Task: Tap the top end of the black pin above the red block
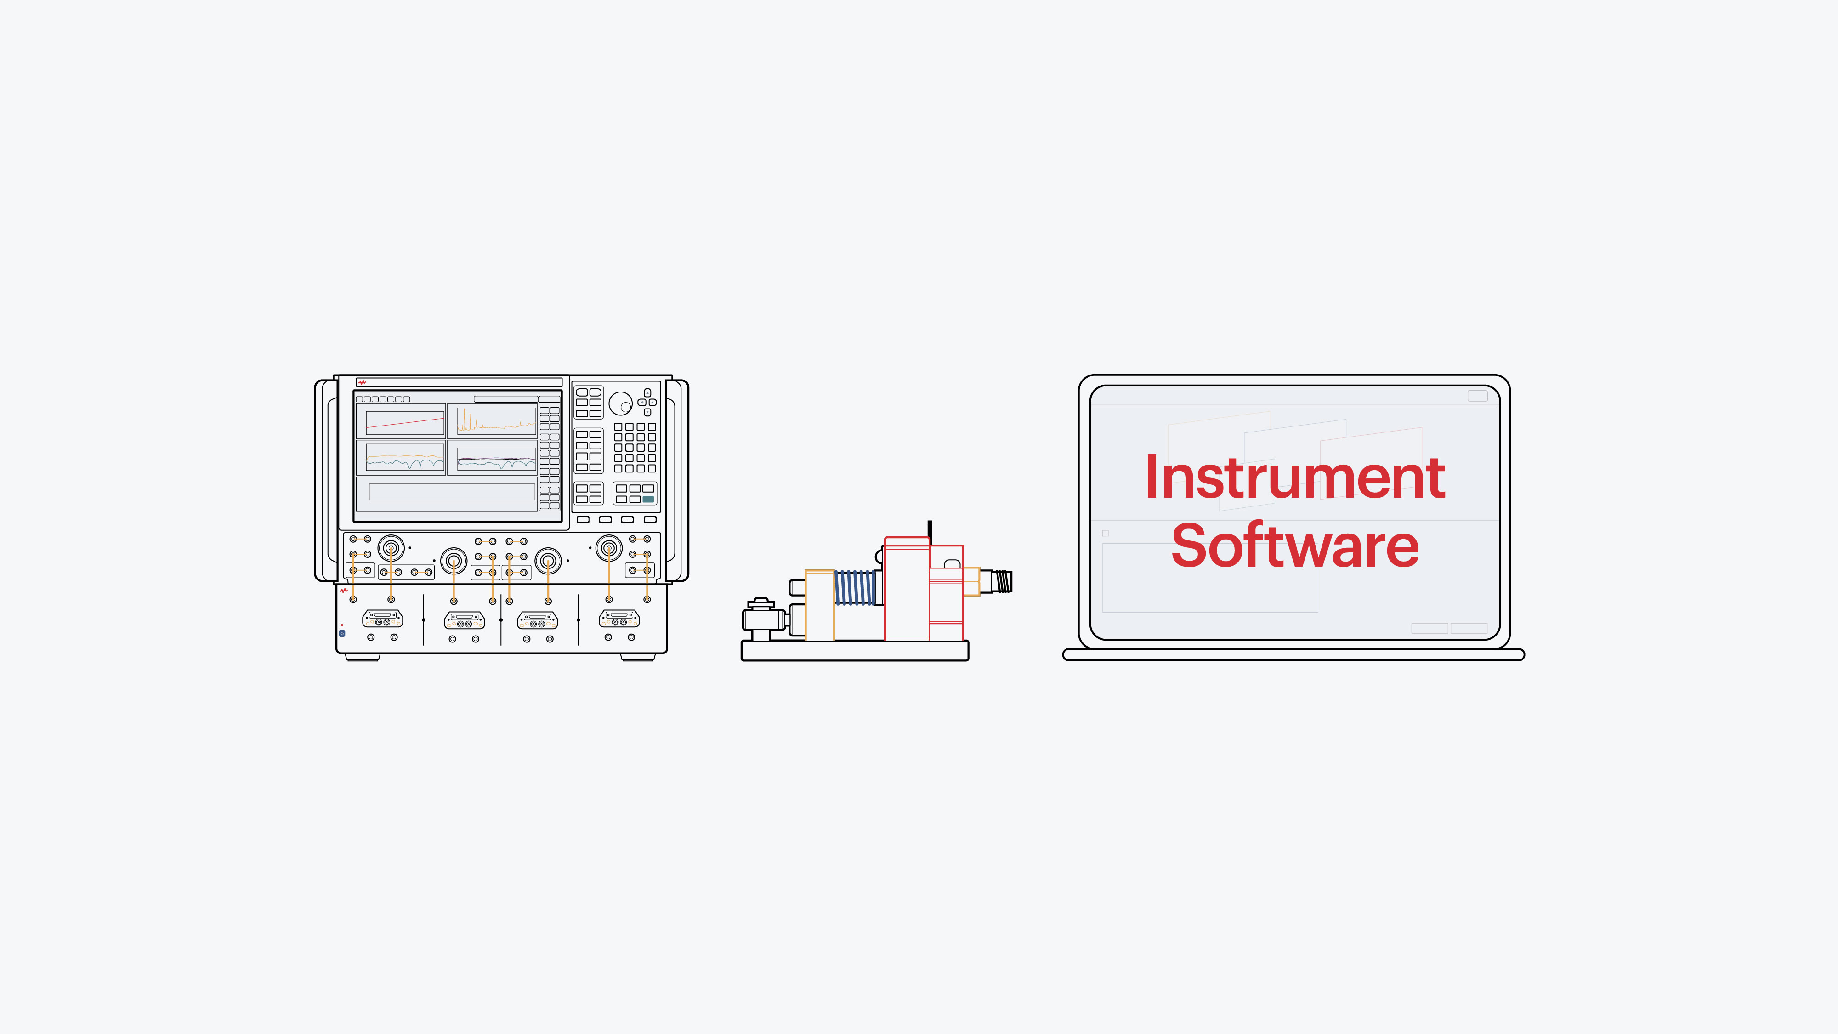[x=930, y=522]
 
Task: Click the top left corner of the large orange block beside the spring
[x=805, y=570]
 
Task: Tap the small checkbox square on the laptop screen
[x=1105, y=533]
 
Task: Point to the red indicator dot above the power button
[x=342, y=625]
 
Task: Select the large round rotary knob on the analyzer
[x=620, y=403]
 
